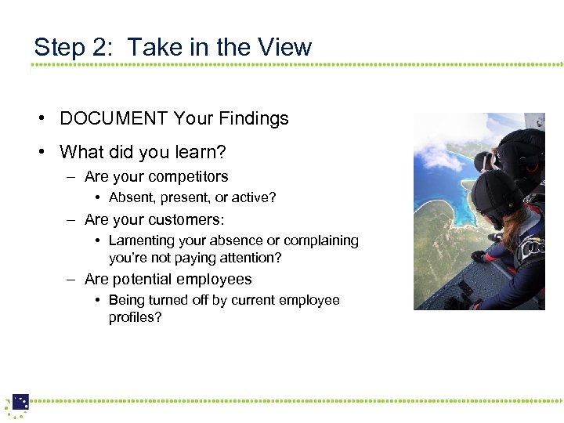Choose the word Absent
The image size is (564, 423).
coord(132,197)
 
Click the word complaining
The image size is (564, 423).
coord(321,240)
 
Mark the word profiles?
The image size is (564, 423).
coord(135,317)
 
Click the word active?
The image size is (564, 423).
coord(252,197)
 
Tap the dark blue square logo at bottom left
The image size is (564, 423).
coord(20,402)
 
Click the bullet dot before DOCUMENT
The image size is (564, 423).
coord(39,119)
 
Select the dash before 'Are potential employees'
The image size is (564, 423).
coord(70,280)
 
